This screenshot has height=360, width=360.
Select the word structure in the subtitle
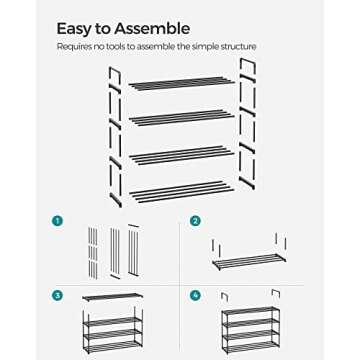236,46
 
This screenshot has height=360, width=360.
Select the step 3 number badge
58,296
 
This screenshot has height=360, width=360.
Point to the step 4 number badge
195,296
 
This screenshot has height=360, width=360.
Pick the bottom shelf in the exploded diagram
180,189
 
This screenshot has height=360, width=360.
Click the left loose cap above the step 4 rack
226,296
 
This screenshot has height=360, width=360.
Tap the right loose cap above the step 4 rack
274,292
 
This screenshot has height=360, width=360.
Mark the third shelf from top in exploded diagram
183,154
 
